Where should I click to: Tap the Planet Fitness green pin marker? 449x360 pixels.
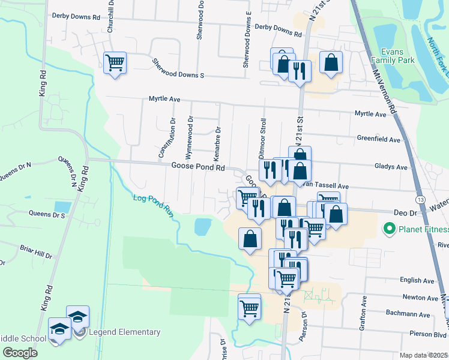tap(388, 229)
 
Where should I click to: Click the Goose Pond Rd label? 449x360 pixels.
tap(197, 167)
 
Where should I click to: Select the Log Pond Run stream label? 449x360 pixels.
tap(152, 206)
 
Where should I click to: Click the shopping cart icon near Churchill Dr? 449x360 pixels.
tap(115, 62)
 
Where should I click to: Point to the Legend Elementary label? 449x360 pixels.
tap(124, 332)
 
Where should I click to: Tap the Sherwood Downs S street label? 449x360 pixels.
tap(178, 68)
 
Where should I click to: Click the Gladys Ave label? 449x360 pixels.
tap(390, 167)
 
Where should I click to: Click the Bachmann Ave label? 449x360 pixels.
tap(416, 314)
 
